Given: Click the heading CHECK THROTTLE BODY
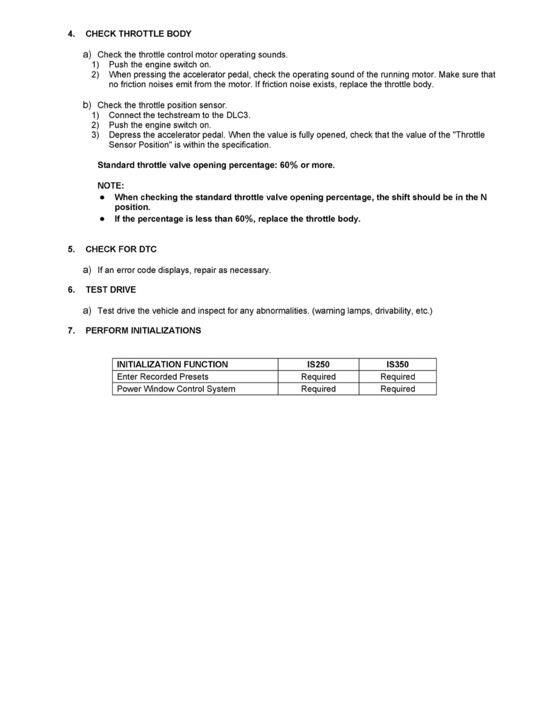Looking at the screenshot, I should (x=138, y=34).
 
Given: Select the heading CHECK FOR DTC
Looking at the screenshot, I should (x=121, y=249).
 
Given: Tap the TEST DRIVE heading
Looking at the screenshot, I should (x=111, y=290).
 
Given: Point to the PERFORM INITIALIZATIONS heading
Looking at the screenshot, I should (x=143, y=330).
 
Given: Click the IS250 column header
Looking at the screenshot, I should (x=318, y=364).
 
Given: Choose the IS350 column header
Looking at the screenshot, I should (x=397, y=364).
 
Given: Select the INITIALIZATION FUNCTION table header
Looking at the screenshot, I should (x=172, y=364).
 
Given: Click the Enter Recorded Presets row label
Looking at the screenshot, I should (x=162, y=376).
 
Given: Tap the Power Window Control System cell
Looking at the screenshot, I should (x=176, y=389).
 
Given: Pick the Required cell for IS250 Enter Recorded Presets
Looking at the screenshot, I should (x=318, y=376).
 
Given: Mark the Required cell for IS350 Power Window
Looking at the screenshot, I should (x=397, y=389).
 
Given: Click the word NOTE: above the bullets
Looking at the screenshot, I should (x=110, y=186).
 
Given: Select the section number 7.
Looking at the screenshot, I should (x=71, y=330).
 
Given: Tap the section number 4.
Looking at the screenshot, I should (x=71, y=34).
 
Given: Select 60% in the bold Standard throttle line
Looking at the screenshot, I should (x=289, y=165).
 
